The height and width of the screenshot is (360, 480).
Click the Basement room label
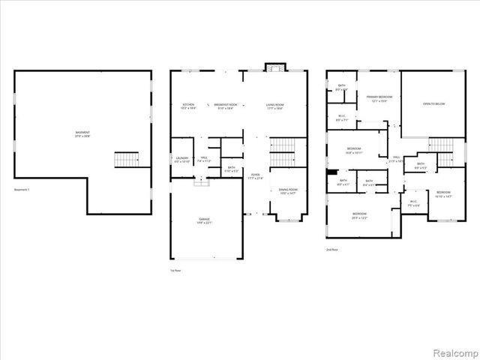click(82, 133)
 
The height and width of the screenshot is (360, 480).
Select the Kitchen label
click(188, 106)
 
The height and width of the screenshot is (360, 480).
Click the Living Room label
click(274, 106)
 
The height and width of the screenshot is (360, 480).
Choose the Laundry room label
click(182, 160)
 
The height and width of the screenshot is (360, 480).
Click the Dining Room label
click(288, 191)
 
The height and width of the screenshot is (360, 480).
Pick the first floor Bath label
click(232, 169)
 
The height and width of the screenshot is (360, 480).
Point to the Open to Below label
click(433, 103)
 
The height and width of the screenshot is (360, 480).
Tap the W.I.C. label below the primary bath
click(341, 115)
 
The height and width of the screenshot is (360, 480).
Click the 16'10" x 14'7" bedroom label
click(443, 194)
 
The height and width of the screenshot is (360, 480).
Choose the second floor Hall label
click(395, 160)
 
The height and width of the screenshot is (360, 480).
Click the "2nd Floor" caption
click(331, 249)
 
